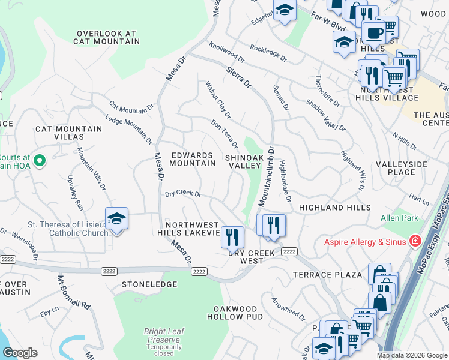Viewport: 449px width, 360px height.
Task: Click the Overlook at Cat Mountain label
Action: click(x=106, y=38)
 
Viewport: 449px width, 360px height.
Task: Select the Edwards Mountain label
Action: click(x=193, y=159)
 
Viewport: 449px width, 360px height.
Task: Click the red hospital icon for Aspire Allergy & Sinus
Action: click(x=414, y=241)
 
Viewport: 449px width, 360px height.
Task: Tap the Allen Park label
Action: click(x=399, y=218)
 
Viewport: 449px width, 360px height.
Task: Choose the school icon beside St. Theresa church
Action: click(x=117, y=218)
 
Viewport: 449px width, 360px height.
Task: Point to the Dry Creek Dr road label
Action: click(x=183, y=194)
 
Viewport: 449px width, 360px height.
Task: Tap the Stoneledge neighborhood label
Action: click(x=149, y=284)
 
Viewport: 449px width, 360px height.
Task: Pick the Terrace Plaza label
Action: click(x=327, y=275)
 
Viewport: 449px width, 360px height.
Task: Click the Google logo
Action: click(x=19, y=353)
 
